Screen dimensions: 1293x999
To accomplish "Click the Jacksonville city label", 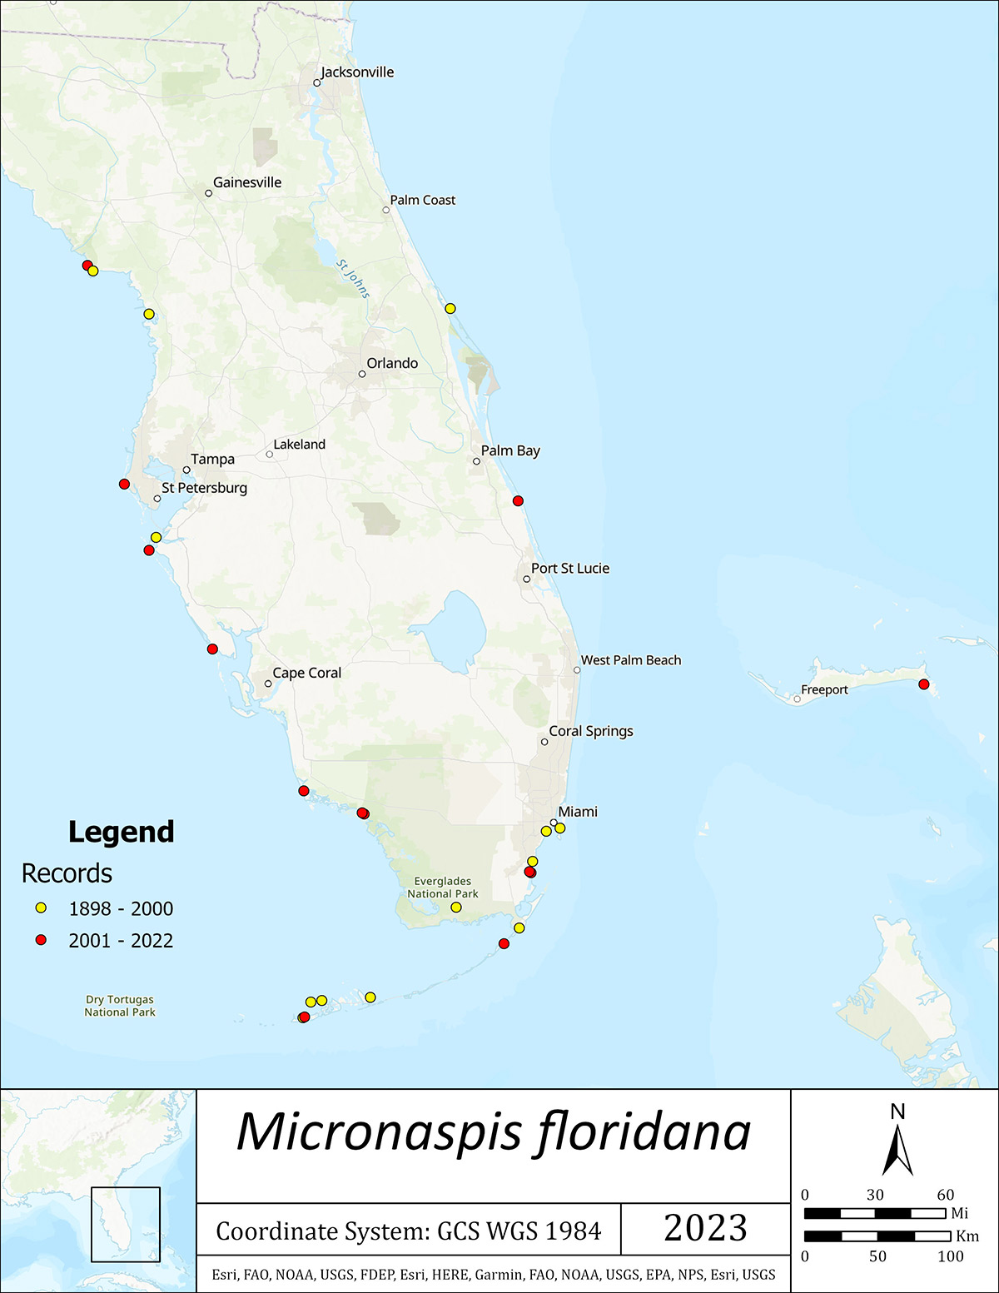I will coord(357,72).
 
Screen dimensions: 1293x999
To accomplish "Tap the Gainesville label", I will coord(247,182).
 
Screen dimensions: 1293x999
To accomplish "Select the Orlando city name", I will coord(392,363).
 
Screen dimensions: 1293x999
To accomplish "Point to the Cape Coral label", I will coord(306,673).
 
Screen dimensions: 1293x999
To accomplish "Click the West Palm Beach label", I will coord(630,660).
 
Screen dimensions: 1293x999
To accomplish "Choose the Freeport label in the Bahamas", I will coord(824,689).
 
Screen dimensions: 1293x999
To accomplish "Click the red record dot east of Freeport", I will coord(923,684).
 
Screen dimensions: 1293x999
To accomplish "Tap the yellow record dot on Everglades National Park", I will coord(456,907).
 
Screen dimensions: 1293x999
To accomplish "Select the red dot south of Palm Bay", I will coord(518,500).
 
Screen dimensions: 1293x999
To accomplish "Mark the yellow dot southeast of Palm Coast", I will coord(450,309).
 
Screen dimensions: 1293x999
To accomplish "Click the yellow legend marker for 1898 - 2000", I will coord(41,908).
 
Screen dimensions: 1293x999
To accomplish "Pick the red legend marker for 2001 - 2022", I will coord(41,940).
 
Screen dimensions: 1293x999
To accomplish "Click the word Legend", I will coord(121,832).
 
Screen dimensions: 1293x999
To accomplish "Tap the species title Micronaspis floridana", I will coord(494,1133).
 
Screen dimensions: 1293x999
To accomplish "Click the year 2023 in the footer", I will coord(705,1228).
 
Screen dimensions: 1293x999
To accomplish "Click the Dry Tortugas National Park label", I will coord(120,1006).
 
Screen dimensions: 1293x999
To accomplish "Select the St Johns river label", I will coord(354,279).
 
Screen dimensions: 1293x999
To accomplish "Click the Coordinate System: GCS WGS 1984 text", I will coord(408,1231).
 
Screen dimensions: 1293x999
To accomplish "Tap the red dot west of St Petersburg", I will coord(124,484).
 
